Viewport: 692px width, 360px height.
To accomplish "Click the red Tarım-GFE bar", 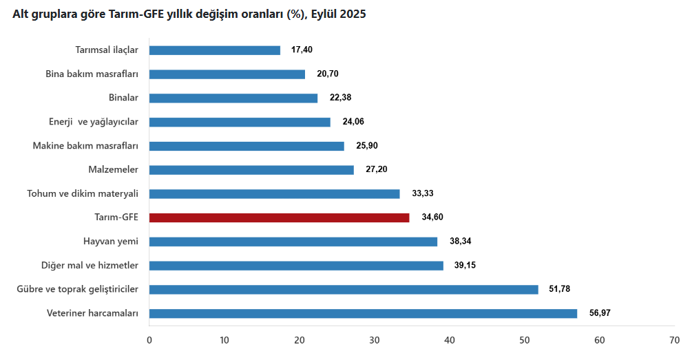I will tap(279, 218).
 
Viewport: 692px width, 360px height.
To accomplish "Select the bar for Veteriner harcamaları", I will tap(363, 313).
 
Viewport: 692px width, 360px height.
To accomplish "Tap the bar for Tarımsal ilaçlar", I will tap(215, 50).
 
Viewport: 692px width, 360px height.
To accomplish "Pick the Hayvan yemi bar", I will tap(293, 242).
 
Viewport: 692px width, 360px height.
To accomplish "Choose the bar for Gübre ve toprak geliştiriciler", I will tap(344, 290).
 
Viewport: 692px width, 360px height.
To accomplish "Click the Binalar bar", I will tap(233, 98).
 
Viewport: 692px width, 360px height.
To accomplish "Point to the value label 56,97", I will tap(600, 313).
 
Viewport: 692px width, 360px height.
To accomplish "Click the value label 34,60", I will tap(432, 218).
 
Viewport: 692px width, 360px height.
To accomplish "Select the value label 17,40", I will tap(303, 50).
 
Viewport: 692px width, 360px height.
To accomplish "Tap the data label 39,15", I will tap(465, 266).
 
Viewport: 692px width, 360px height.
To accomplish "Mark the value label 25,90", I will tap(367, 146).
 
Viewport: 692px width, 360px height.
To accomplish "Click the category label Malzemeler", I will tap(114, 170).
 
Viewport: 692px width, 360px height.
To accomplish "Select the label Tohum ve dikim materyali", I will tap(83, 193).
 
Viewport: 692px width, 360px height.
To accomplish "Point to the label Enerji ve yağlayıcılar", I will tap(94, 122).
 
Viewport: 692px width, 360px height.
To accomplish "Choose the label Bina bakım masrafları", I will tap(92, 74).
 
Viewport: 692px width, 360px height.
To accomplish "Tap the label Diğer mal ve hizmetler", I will tap(90, 266).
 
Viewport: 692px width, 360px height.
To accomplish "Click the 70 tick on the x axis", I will tap(675, 340).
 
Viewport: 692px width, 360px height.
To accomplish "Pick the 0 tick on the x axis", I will tap(149, 340).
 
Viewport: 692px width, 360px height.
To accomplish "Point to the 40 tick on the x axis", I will tap(450, 340).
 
